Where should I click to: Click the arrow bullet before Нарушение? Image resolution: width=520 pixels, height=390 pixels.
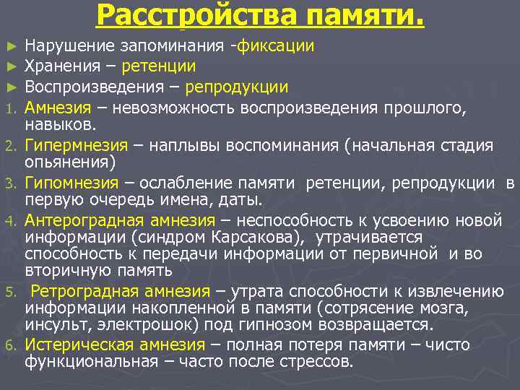tap(9, 47)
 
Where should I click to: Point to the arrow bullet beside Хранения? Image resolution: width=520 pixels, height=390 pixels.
tap(9, 67)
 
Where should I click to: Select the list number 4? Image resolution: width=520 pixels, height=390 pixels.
tap(9, 221)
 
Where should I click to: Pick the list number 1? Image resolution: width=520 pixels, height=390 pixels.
tap(9, 108)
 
